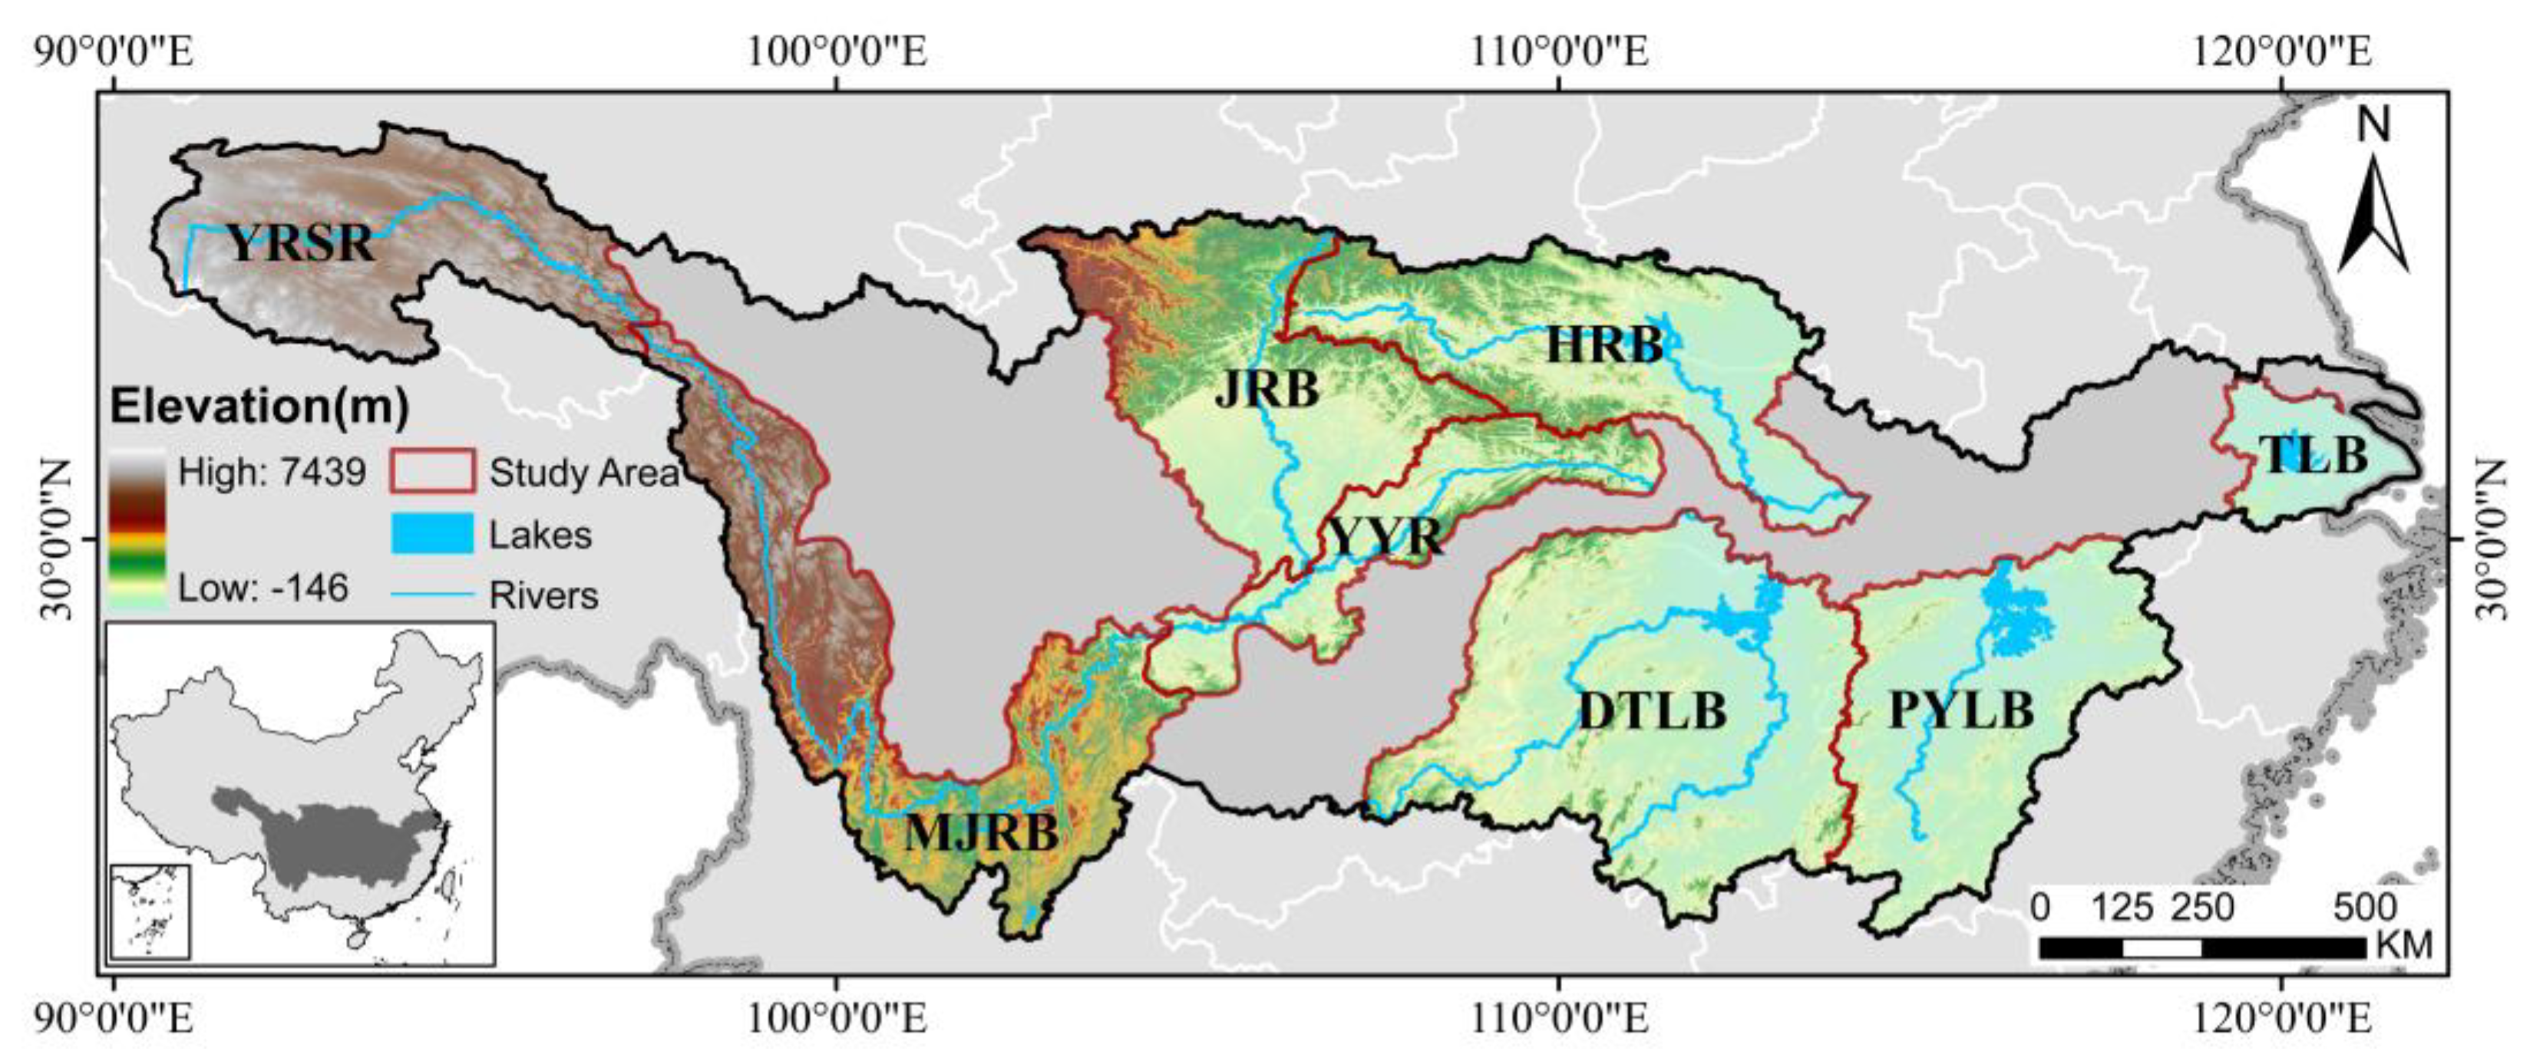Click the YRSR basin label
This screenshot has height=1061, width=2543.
point(301,242)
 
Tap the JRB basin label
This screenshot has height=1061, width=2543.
point(1267,389)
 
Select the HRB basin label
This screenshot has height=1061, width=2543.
point(1604,345)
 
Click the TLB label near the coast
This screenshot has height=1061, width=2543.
point(2313,455)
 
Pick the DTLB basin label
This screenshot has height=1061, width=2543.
point(1653,710)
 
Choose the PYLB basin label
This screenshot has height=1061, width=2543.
point(1960,710)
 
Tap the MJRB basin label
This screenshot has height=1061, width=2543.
point(981,833)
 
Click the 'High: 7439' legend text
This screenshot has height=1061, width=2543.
point(272,473)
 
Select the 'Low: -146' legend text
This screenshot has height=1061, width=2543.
point(263,589)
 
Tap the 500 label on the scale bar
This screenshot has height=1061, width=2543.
point(2363,907)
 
